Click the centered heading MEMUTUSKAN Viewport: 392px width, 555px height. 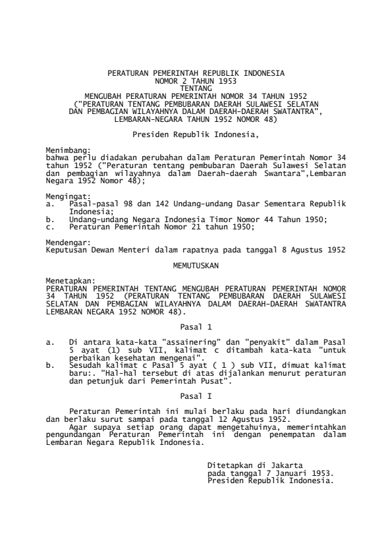tap(196, 266)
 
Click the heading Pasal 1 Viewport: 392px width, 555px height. tap(196, 326)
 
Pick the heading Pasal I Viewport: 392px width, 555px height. tap(196, 396)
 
